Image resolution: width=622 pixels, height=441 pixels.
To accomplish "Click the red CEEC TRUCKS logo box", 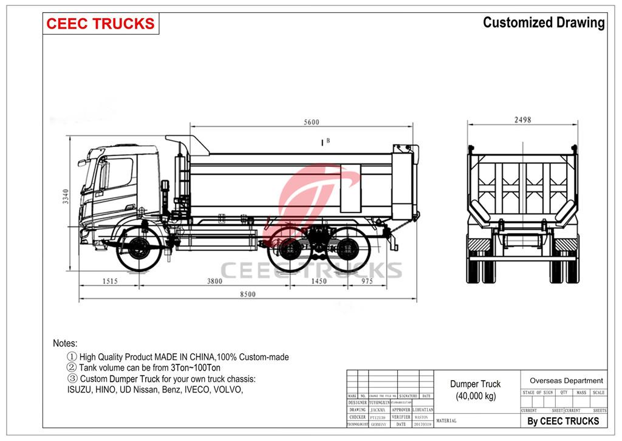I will pyautogui.click(x=101, y=24).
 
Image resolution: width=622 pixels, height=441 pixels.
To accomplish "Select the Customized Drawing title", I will pyautogui.click(x=544, y=23).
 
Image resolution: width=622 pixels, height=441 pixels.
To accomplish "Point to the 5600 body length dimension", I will pyautogui.click(x=311, y=122).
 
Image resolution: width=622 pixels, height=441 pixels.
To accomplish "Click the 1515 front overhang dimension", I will pyautogui.click(x=110, y=281).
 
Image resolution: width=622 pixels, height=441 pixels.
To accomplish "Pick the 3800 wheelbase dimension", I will pyautogui.click(x=214, y=281).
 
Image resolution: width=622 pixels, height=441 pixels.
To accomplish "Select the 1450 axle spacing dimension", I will pyautogui.click(x=318, y=281).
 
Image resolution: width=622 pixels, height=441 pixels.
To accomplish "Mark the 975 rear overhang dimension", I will pyautogui.click(x=367, y=281).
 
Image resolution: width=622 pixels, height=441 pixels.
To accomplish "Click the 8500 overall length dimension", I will pyautogui.click(x=247, y=294).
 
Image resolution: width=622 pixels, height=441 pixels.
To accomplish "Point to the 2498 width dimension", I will pyautogui.click(x=522, y=120).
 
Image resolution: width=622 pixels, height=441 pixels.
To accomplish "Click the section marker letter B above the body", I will pyautogui.click(x=327, y=141).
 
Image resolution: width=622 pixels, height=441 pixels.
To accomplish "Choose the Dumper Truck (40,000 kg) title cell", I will pyautogui.click(x=476, y=390).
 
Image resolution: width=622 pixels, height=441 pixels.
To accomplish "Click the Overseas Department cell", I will pyautogui.click(x=566, y=380).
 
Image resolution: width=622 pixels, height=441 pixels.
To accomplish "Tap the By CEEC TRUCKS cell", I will pyautogui.click(x=563, y=421).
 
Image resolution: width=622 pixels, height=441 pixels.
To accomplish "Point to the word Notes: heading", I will pyautogui.click(x=65, y=343).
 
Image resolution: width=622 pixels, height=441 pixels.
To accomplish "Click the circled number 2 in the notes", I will pyautogui.click(x=72, y=367).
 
